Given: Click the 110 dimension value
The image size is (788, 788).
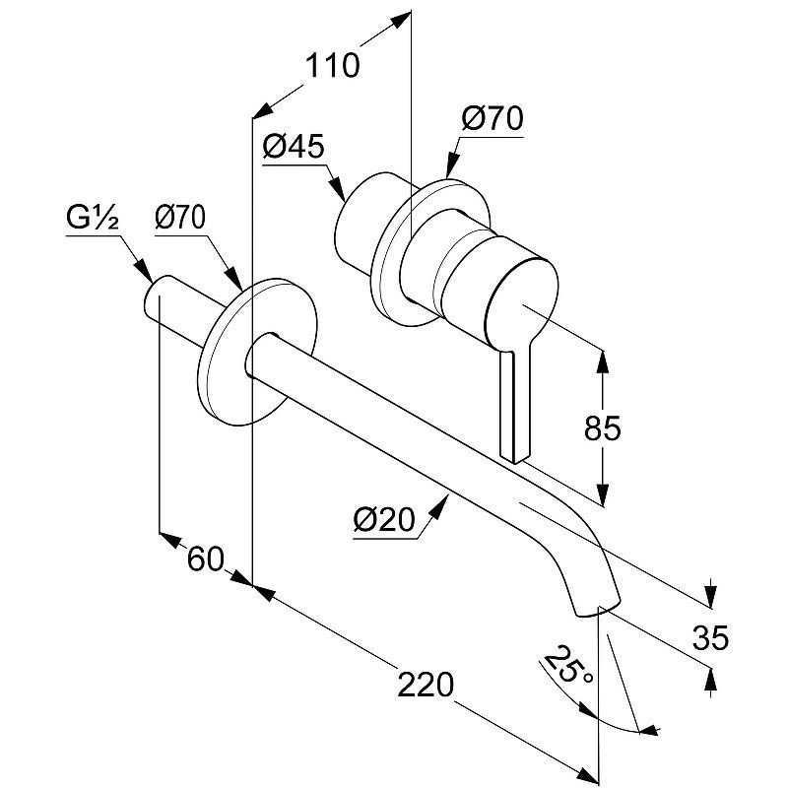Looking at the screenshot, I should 331,66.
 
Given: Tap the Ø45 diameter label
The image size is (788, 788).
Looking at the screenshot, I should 294,147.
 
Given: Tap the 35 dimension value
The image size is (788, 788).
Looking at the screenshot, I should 710,638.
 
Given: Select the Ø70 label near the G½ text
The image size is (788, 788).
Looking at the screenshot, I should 180,217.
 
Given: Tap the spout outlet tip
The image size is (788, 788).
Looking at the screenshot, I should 598,606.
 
